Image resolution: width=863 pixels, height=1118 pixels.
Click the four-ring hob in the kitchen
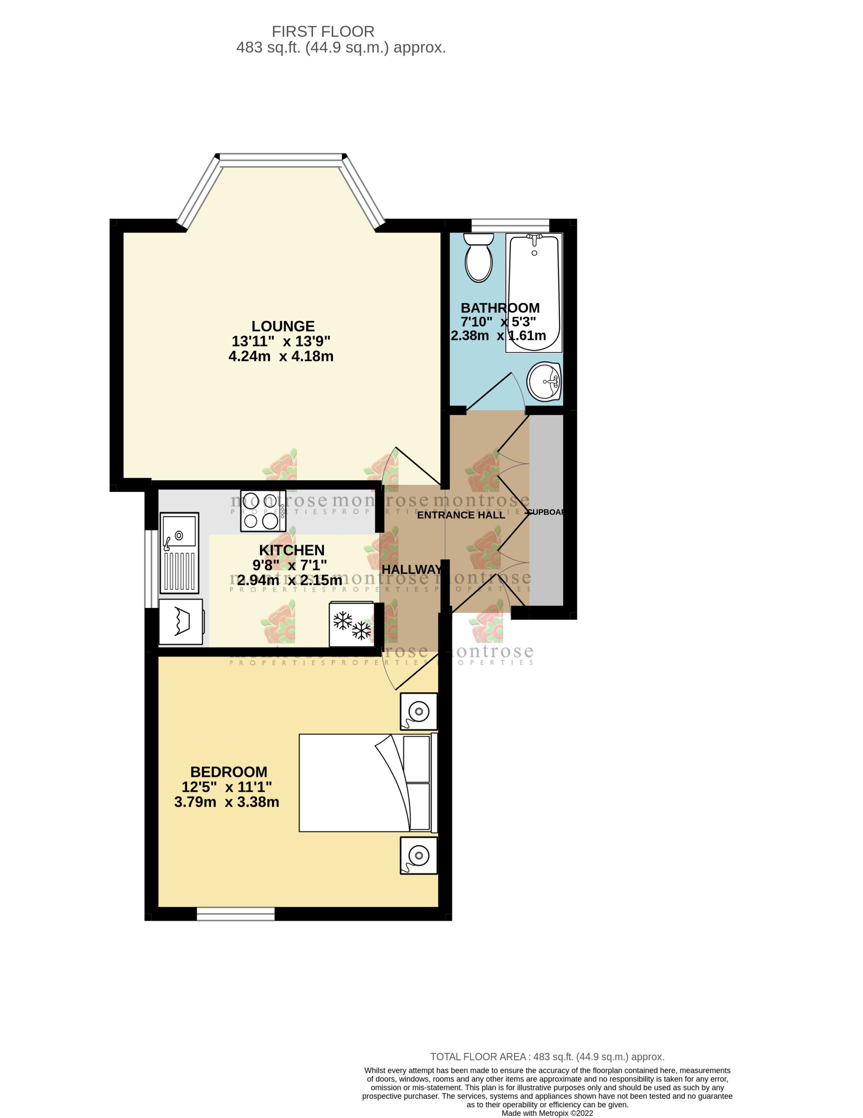[x=263, y=511]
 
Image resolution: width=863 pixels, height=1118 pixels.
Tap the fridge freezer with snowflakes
[x=351, y=624]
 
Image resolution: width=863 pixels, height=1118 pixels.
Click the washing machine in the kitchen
[x=181, y=621]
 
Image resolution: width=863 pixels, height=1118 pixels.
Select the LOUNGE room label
[x=283, y=326]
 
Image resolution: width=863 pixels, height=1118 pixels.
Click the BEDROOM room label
[x=229, y=771]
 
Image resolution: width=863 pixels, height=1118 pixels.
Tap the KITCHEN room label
[x=291, y=550]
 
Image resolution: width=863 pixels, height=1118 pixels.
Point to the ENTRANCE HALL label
[x=461, y=515]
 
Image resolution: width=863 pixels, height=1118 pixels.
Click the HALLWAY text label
[x=411, y=569]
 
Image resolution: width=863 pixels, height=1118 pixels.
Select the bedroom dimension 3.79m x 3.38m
[x=227, y=802]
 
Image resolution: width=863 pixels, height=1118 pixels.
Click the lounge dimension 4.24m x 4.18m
[x=281, y=356]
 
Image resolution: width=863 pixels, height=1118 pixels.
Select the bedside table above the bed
[x=419, y=711]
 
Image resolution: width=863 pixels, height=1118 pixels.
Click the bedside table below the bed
[x=419, y=855]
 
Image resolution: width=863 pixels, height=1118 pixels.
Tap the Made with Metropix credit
[x=547, y=1113]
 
